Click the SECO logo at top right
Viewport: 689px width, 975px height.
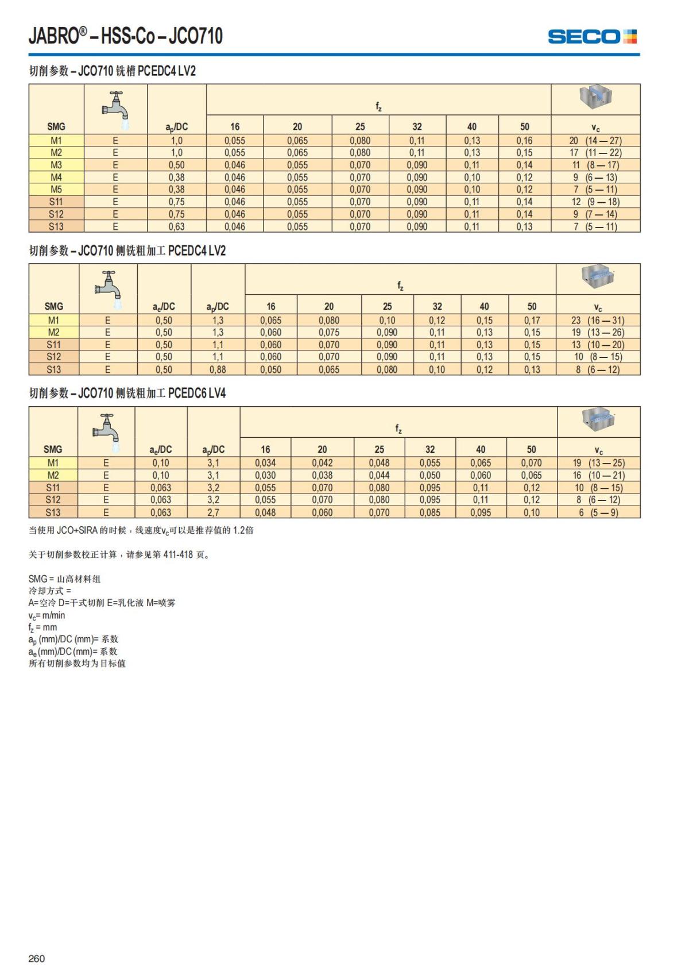[x=592, y=37]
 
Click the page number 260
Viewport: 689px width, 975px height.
[x=36, y=958]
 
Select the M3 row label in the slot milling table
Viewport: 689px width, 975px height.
[x=56, y=165]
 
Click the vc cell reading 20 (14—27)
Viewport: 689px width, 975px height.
[x=595, y=140]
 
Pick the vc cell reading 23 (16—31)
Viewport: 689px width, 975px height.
[x=598, y=320]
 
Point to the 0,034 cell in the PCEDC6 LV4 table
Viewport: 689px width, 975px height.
[x=265, y=463]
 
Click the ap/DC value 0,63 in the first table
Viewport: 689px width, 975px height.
[x=176, y=226]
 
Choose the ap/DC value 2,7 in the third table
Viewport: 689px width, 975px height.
[x=213, y=512]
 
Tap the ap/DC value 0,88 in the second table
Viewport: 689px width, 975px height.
[x=218, y=369]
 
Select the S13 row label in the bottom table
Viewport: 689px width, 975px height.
[x=53, y=512]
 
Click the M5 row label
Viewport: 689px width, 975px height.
[x=56, y=190]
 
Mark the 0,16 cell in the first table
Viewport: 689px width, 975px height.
[x=524, y=140]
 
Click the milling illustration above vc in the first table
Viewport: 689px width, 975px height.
[x=595, y=98]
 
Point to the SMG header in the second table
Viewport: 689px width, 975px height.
[x=53, y=306]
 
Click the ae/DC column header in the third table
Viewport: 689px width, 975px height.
[x=161, y=449]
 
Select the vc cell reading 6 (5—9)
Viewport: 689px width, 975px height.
[x=598, y=512]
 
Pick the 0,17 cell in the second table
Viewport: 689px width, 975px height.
[x=532, y=320]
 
